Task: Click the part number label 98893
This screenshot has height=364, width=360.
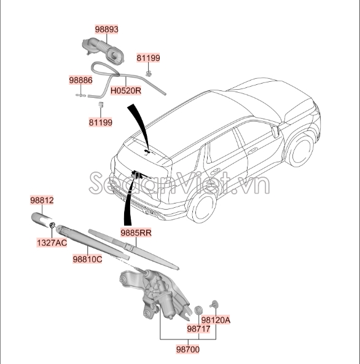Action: pyautogui.click(x=106, y=29)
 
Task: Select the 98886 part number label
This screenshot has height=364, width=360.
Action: pyautogui.click(x=80, y=80)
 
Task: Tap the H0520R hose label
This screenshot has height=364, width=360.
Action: pyautogui.click(x=126, y=90)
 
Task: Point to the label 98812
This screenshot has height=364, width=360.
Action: pyautogui.click(x=42, y=200)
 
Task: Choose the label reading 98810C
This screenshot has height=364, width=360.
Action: pyautogui.click(x=87, y=259)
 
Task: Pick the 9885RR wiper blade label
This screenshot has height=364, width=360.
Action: pyautogui.click(x=136, y=232)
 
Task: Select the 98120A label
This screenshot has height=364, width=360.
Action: pyautogui.click(x=216, y=320)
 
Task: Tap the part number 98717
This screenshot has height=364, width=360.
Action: pyautogui.click(x=198, y=329)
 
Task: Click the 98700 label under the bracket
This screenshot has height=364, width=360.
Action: pyautogui.click(x=188, y=349)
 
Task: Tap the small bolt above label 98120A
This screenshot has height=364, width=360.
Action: pyautogui.click(x=214, y=303)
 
